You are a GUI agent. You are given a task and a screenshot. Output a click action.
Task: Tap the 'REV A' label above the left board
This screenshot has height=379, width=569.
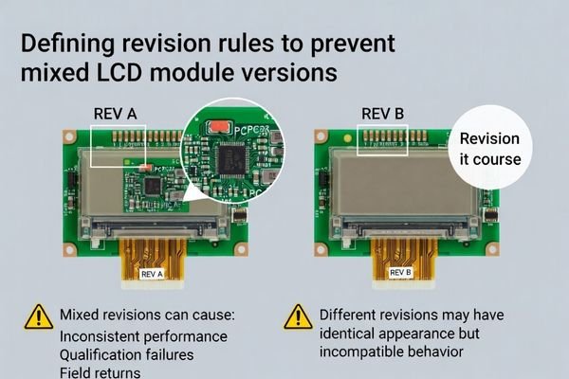[116, 114]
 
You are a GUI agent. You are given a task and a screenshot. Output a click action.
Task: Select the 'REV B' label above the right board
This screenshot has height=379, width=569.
[383, 114]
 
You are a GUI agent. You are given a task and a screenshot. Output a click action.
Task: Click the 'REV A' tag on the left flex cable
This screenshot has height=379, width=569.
[152, 274]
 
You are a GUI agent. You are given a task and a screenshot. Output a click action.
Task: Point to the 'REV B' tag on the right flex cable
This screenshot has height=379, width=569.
[401, 274]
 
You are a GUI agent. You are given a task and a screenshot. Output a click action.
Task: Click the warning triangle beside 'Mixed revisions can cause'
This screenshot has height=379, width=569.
[39, 316]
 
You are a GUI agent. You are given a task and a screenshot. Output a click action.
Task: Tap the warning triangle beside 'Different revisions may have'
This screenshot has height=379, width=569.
[298, 316]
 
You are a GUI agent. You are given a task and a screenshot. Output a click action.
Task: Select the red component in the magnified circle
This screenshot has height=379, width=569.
[219, 124]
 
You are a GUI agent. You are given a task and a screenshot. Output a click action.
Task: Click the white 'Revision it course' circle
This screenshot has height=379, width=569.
[489, 149]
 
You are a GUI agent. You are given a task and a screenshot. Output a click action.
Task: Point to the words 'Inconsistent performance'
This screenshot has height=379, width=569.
[143, 335]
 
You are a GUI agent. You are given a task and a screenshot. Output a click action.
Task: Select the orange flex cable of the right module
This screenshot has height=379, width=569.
[401, 258]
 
